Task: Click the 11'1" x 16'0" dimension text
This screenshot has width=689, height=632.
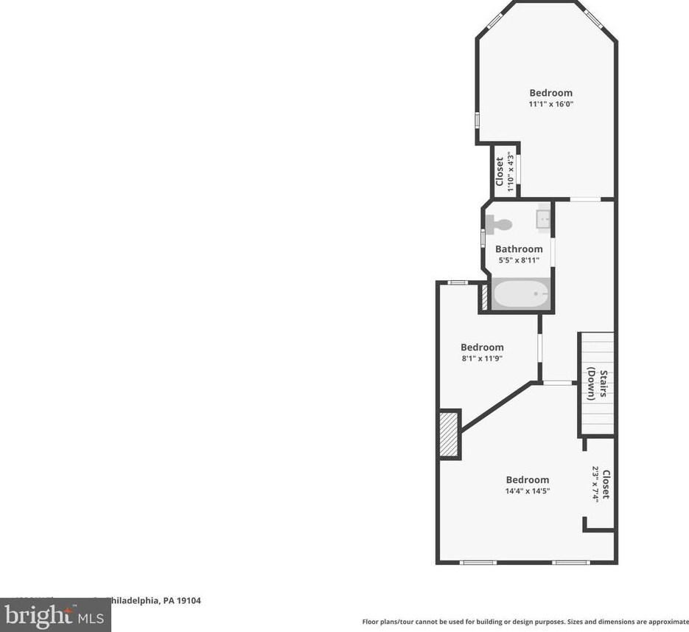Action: [x=550, y=105]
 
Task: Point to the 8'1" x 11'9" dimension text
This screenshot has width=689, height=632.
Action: [x=482, y=359]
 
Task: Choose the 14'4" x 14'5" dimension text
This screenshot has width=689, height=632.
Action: [x=527, y=491]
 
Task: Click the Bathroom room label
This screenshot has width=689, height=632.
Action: [x=519, y=249]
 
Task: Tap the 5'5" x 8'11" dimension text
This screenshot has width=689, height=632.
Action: [x=519, y=260]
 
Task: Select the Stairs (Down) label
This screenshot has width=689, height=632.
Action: [x=597, y=383]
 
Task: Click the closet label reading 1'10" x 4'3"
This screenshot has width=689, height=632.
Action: [x=504, y=172]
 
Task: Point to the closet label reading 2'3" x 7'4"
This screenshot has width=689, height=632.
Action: [x=601, y=485]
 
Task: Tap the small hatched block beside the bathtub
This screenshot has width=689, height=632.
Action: [x=484, y=296]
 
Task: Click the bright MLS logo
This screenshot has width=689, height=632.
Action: [x=55, y=614]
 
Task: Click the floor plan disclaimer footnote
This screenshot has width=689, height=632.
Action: [x=525, y=622]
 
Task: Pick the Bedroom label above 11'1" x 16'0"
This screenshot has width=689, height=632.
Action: [x=550, y=93]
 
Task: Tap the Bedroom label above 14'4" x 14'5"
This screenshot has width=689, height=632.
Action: [x=527, y=480]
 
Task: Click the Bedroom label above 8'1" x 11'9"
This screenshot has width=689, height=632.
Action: [x=482, y=347]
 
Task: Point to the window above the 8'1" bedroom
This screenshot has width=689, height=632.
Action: [x=458, y=282]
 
